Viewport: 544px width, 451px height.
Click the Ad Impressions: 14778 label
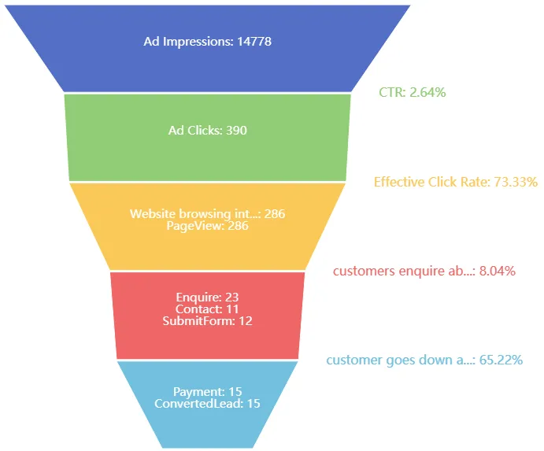(x=207, y=41)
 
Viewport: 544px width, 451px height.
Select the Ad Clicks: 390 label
(x=207, y=130)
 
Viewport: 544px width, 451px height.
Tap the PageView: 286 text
(x=207, y=226)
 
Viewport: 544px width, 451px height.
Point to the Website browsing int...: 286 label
(x=207, y=213)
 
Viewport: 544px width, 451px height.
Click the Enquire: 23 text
(x=207, y=298)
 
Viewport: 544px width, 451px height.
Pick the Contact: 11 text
(x=207, y=309)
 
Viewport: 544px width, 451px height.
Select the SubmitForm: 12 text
(x=207, y=321)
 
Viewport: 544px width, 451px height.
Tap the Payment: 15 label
(x=207, y=391)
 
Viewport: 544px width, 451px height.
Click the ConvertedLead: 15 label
(x=207, y=404)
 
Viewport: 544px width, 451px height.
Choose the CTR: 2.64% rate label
(x=412, y=92)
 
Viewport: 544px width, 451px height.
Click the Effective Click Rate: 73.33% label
(x=455, y=182)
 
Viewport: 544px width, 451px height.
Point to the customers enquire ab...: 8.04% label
(x=424, y=271)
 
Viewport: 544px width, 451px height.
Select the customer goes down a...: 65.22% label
(x=424, y=360)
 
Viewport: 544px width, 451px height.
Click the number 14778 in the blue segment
(x=253, y=41)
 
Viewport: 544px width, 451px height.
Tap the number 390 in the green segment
(x=236, y=130)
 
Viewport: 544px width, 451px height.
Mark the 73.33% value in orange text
(x=515, y=182)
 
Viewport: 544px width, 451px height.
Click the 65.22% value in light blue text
(x=501, y=360)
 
